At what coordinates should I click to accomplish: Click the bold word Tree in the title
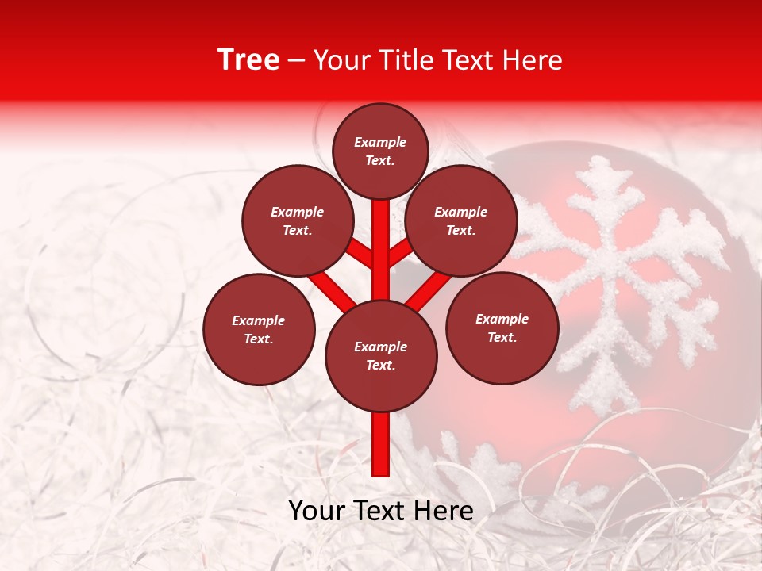pyautogui.click(x=248, y=60)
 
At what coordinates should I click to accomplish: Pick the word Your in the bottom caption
pyautogui.click(x=317, y=511)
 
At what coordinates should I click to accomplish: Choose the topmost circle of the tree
pyautogui.click(x=380, y=151)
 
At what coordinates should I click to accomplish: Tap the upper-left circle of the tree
pyautogui.click(x=297, y=220)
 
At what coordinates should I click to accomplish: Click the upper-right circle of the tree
pyautogui.click(x=460, y=220)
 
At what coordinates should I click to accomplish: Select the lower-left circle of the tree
pyautogui.click(x=259, y=329)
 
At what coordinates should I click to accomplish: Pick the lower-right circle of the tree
pyautogui.click(x=502, y=328)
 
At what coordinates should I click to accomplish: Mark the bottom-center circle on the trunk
pyautogui.click(x=381, y=356)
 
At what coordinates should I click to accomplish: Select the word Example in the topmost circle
pyautogui.click(x=380, y=142)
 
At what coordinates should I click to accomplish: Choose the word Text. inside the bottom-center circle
pyautogui.click(x=380, y=365)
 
